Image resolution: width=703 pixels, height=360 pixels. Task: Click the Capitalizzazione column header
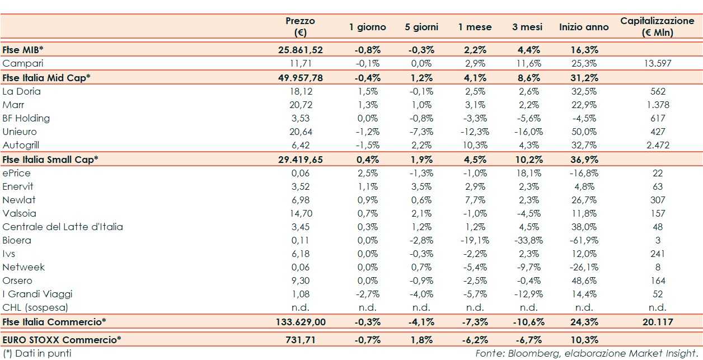pos(657,26)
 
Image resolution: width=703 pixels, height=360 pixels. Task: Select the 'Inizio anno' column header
pos(584,27)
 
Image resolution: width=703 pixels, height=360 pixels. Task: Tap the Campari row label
pos(23,64)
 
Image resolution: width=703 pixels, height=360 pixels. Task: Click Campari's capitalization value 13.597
pos(658,64)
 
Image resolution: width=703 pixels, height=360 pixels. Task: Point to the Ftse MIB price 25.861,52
pos(301,50)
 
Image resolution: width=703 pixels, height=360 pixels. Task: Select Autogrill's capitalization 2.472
pos(658,145)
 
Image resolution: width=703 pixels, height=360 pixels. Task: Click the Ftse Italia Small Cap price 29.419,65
pos(301,160)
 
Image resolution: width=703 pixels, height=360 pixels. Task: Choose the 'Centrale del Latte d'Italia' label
pos(63,227)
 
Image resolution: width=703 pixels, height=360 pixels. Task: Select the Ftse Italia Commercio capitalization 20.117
pos(658,322)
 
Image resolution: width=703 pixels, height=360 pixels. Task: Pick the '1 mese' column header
pos(475,27)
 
